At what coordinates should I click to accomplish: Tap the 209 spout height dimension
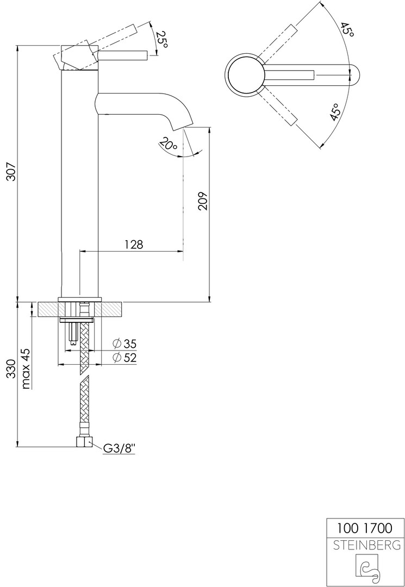point(202,201)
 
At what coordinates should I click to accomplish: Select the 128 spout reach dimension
point(134,245)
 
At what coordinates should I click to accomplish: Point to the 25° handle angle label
point(162,39)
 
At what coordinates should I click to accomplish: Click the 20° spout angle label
point(168,144)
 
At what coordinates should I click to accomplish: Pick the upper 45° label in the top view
point(347,29)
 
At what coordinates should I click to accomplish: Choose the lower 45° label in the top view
point(336,111)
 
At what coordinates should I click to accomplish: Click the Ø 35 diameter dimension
point(124,344)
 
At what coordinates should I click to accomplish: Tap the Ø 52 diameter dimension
point(124,358)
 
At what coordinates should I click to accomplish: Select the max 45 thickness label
point(26,368)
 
